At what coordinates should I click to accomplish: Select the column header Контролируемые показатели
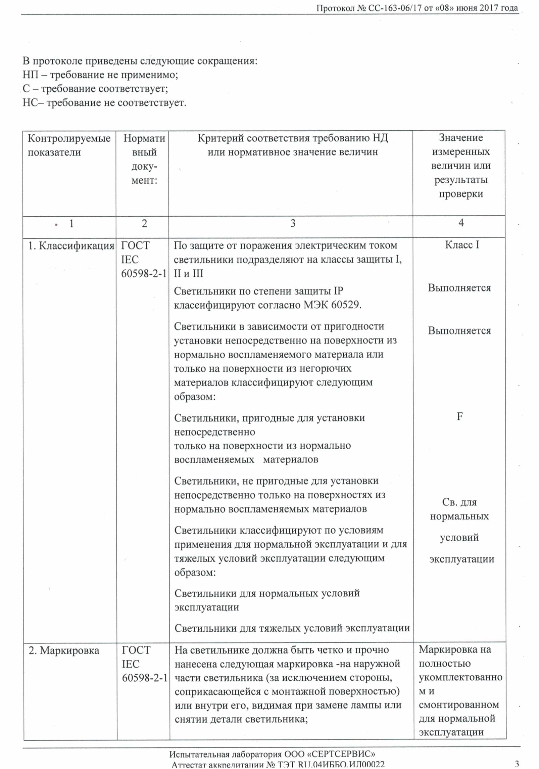point(69,145)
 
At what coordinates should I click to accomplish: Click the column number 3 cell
point(293,223)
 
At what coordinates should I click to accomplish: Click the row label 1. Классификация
point(71,246)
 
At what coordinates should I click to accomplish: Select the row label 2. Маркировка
point(64,650)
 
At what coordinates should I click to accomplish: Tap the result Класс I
point(462,245)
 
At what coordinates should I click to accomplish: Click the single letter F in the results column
point(459,416)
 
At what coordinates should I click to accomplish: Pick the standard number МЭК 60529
point(332,305)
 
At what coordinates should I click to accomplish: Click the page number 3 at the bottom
point(517,764)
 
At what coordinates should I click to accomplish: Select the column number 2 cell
point(144,223)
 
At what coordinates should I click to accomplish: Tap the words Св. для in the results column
point(459,502)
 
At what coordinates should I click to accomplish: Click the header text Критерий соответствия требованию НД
point(293,138)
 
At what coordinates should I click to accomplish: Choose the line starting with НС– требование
point(104,102)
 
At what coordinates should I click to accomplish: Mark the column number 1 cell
point(71,224)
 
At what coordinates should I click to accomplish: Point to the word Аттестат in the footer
point(191,765)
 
